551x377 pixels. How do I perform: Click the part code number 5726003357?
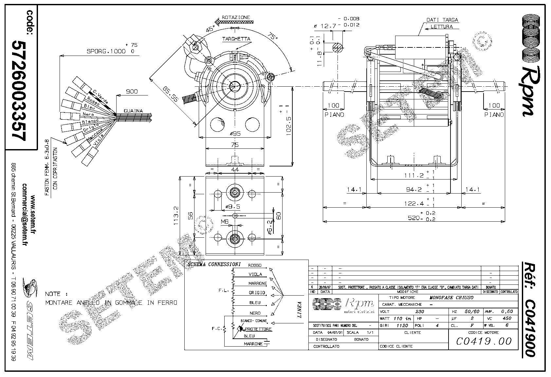[19, 90]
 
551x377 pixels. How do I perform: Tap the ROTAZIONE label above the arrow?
[236, 17]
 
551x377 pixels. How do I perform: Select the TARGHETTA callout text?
[236, 39]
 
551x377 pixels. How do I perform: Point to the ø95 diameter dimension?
[235, 134]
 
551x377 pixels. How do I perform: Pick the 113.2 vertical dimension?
[176, 216]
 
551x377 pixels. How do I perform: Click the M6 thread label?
[225, 222]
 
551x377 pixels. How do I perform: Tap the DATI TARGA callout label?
[442, 20]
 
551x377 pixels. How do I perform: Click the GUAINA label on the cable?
[133, 111]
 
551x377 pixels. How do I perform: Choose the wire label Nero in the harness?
[88, 114]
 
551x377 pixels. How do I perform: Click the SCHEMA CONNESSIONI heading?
[213, 264]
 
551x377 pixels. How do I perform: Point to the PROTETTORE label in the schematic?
[258, 329]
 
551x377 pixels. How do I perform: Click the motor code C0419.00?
[484, 341]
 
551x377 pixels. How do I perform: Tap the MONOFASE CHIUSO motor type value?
[451, 298]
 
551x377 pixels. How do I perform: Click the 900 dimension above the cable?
[132, 92]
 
